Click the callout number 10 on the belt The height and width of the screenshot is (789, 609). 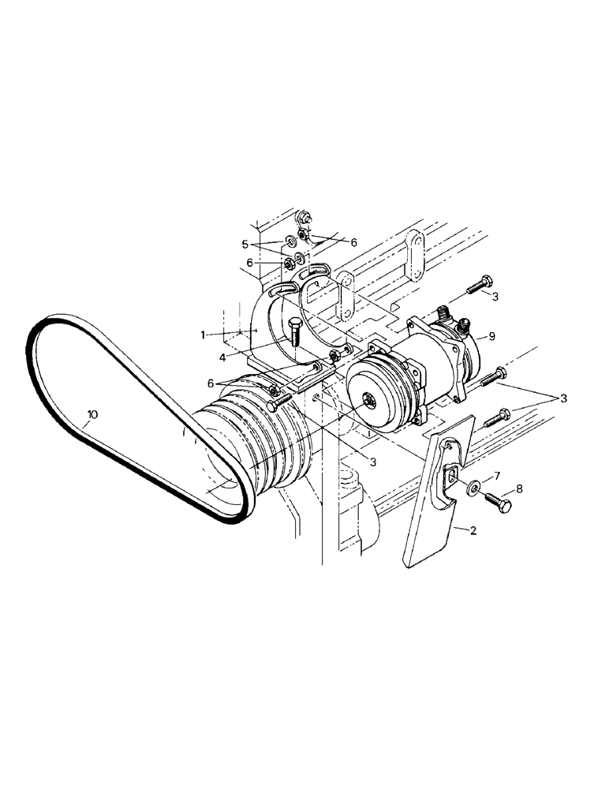(92, 413)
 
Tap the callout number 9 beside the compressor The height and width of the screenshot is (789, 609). (491, 336)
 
